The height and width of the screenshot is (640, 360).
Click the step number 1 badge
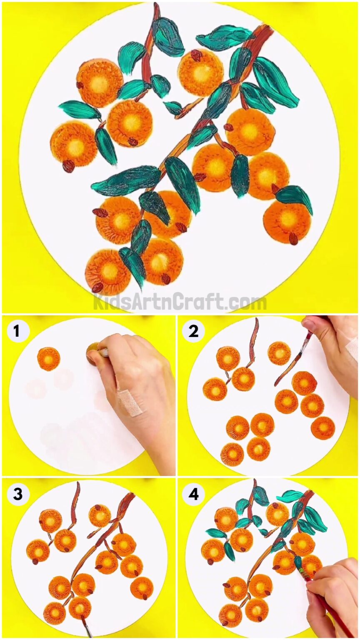16,332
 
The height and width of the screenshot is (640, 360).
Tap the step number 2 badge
193,332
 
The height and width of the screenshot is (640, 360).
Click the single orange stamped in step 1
49,359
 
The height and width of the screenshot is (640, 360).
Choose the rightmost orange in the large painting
287,221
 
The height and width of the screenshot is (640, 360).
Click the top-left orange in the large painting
100,82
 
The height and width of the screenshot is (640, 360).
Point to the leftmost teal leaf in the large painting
79,110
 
